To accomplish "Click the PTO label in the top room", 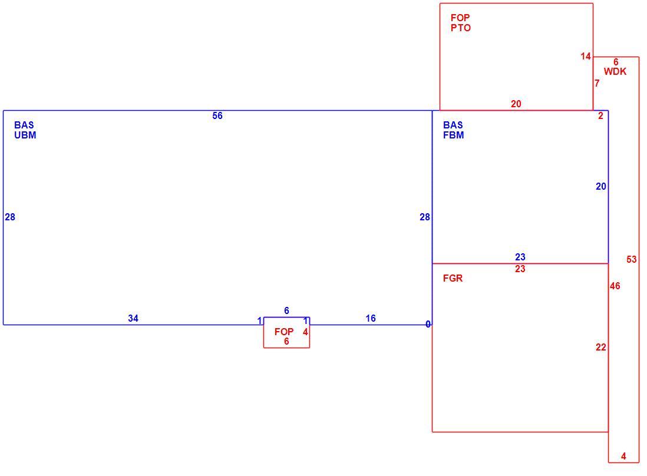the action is [x=460, y=28].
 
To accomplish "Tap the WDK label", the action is [x=615, y=72].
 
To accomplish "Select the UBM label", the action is [x=25, y=135].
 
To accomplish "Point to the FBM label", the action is [x=454, y=135].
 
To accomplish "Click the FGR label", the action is [x=453, y=279].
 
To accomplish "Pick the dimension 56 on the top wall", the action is [x=217, y=116].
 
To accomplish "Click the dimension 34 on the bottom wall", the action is [x=133, y=319].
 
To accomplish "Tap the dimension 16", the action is [x=371, y=319].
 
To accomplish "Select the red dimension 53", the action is [x=631, y=259].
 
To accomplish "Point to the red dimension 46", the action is [x=615, y=286].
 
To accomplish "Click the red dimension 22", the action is [x=601, y=348].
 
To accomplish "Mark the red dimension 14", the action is [x=586, y=57].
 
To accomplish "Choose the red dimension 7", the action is [x=597, y=83].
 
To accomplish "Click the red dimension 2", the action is [x=600, y=116].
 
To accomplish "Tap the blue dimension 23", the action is [x=520, y=257].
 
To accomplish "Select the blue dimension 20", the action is [x=601, y=187].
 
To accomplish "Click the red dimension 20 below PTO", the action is [x=516, y=104].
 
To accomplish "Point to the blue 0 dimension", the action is [x=428, y=325].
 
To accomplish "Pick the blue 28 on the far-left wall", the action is [x=10, y=217].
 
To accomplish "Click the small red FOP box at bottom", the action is [x=263, y=332].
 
